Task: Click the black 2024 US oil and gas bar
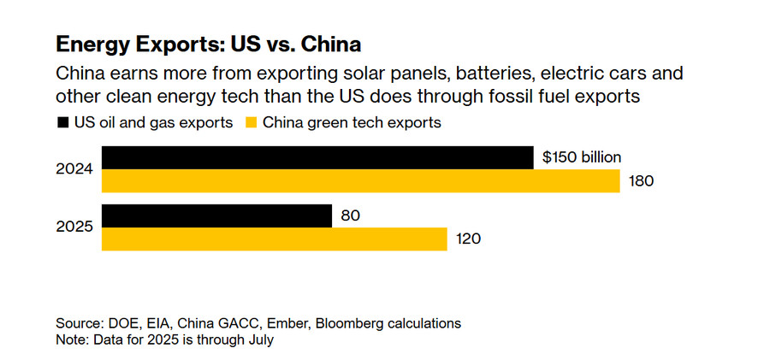[317, 157]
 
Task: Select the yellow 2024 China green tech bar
[359, 180]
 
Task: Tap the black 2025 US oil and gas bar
[216, 215]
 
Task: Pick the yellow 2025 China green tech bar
[274, 239]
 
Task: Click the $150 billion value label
[582, 157]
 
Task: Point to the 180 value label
[641, 181]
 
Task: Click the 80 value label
[350, 215]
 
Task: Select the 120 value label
[468, 239]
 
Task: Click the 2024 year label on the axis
[74, 169]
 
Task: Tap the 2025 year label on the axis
[74, 227]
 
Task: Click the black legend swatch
[62, 122]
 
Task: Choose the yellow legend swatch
[252, 122]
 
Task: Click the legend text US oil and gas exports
[153, 122]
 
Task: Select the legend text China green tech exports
[352, 122]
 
